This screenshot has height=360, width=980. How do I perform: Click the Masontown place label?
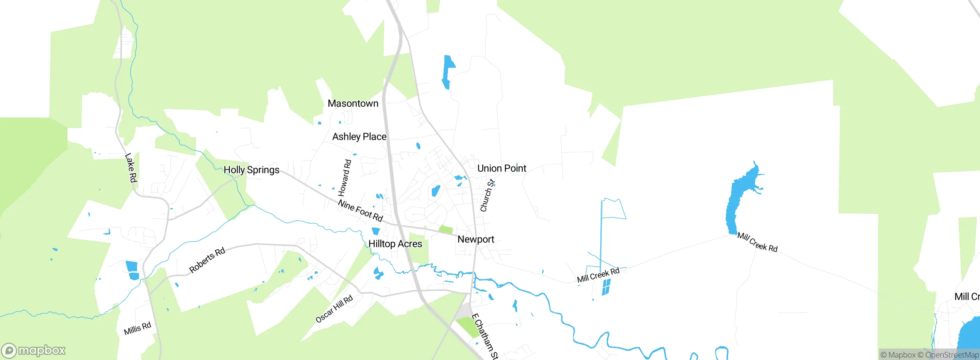pyautogui.click(x=353, y=103)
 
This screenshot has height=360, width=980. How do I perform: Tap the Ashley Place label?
pyautogui.click(x=359, y=137)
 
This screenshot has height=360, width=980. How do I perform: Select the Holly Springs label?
pyautogui.click(x=251, y=170)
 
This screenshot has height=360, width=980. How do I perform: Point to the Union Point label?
pyautogui.click(x=501, y=168)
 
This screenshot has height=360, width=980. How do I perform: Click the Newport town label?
pyautogui.click(x=475, y=239)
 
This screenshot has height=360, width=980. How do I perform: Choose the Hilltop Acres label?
pyautogui.click(x=395, y=244)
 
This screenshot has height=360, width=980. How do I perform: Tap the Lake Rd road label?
pyautogui.click(x=131, y=168)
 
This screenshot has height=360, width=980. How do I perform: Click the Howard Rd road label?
pyautogui.click(x=345, y=178)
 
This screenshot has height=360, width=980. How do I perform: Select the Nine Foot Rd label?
pyautogui.click(x=360, y=211)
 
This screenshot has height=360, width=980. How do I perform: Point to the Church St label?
pyautogui.click(x=487, y=195)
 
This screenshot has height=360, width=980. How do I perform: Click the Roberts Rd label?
pyautogui.click(x=207, y=260)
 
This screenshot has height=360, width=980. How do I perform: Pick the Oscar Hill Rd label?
pyautogui.click(x=334, y=309)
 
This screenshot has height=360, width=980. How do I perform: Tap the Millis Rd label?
pyautogui.click(x=137, y=328)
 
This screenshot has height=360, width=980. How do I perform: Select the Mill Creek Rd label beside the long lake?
pyautogui.click(x=757, y=242)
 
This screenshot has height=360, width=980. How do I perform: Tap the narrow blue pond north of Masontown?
pyautogui.click(x=448, y=71)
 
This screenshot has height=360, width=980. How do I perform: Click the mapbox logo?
pyautogui.click(x=34, y=350)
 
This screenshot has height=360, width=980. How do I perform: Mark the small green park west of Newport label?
pyautogui.click(x=446, y=230)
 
